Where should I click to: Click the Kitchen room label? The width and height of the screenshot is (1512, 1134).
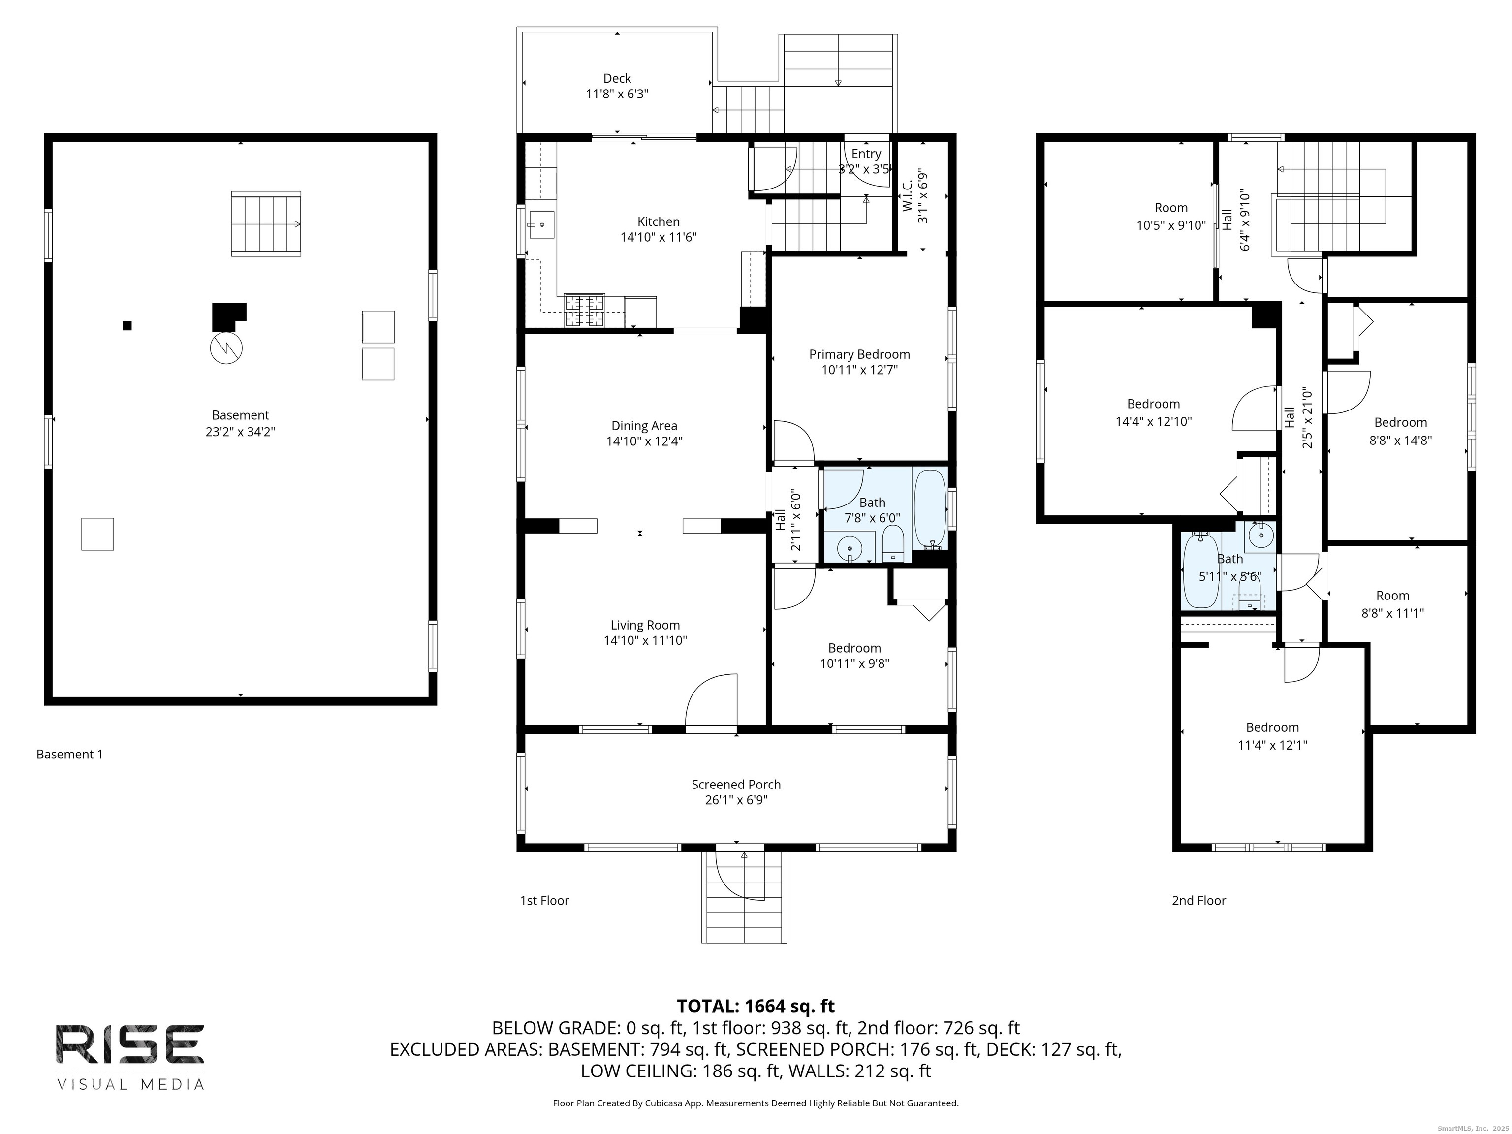click(658, 221)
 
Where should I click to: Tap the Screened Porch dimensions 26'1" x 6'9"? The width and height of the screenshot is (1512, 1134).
click(736, 800)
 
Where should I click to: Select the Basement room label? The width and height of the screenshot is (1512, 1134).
click(240, 415)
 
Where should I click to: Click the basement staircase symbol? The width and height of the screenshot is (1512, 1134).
click(266, 224)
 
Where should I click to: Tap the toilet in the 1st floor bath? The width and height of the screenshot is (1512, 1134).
click(893, 544)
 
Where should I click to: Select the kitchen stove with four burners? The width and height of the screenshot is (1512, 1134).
click(584, 311)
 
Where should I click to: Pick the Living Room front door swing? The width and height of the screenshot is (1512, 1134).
click(711, 703)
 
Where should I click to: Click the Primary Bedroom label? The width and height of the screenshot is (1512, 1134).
click(859, 354)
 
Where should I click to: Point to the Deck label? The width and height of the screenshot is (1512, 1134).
click(617, 79)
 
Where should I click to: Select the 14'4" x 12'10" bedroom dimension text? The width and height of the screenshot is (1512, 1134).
click(1153, 422)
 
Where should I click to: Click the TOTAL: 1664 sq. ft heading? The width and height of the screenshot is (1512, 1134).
click(756, 1006)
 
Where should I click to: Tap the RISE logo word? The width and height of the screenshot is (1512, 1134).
click(130, 1044)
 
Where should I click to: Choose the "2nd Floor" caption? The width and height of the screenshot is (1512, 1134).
click(1199, 900)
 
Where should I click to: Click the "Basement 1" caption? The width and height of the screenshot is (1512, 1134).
click(70, 754)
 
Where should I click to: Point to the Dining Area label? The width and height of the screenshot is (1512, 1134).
click(644, 425)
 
